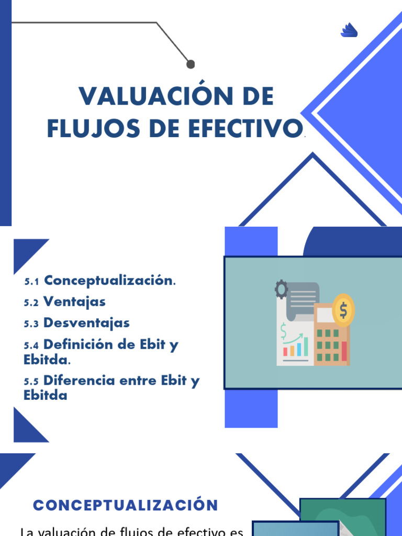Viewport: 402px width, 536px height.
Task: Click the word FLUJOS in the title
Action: tap(93, 129)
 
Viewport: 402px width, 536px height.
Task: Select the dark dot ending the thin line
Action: tap(191, 64)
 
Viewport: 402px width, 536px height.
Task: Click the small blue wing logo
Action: tap(349, 30)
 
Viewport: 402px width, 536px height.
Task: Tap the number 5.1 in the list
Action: tap(31, 282)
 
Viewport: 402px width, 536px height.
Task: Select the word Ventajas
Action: tap(74, 302)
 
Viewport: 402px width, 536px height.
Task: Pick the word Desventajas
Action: tap(86, 323)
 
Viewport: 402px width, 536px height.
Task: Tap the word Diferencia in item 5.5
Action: tap(79, 380)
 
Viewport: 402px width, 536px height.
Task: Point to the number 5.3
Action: tap(31, 323)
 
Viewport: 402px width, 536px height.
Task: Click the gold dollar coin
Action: tap(343, 310)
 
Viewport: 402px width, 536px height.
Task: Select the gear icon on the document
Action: tap(281, 289)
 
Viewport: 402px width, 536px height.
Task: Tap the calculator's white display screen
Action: tap(325, 314)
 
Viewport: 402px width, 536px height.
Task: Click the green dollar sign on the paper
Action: tap(283, 331)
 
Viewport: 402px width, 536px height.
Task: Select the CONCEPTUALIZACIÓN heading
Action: tap(126, 505)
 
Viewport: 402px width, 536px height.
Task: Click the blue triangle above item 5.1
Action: tap(27, 253)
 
